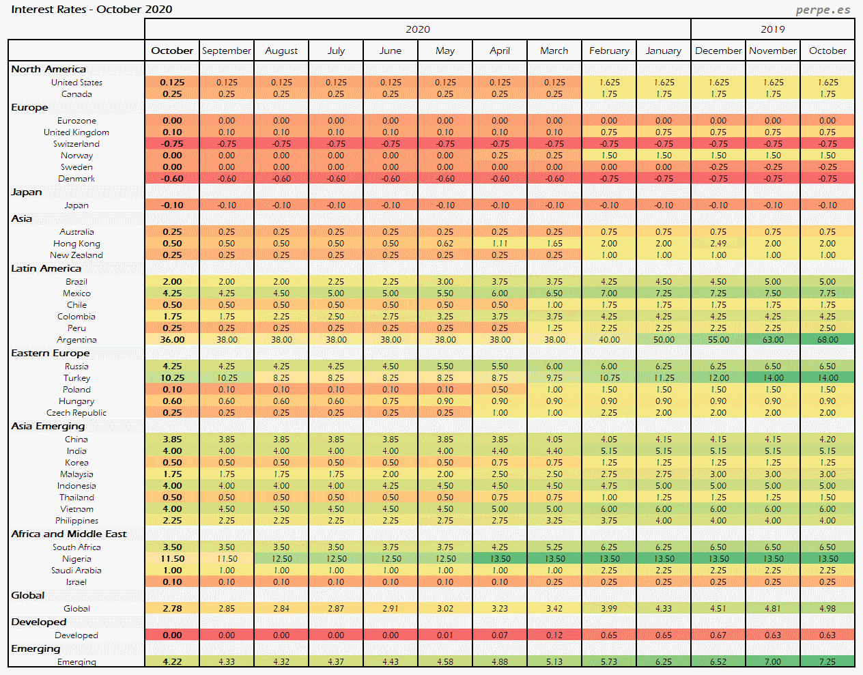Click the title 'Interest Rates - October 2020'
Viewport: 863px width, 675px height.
pyautogui.click(x=91, y=10)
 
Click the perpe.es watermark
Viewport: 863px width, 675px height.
pyautogui.click(x=823, y=10)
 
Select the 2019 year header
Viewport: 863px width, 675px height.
pyautogui.click(x=772, y=29)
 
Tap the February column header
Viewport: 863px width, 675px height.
pyautogui.click(x=609, y=51)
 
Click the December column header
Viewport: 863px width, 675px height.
pyautogui.click(x=718, y=51)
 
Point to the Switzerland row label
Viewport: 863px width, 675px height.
pyautogui.click(x=76, y=144)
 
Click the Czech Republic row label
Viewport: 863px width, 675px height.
pyautogui.click(x=76, y=413)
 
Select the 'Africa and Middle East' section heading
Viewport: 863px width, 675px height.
pyautogui.click(x=69, y=534)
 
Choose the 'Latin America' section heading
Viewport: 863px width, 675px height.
pyautogui.click(x=46, y=268)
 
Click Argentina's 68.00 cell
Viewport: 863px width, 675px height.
pyautogui.click(x=827, y=340)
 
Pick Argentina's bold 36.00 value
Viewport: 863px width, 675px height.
pyautogui.click(x=172, y=340)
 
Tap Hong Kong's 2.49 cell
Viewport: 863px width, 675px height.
pyautogui.click(x=718, y=244)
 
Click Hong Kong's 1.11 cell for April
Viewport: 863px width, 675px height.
pyautogui.click(x=500, y=244)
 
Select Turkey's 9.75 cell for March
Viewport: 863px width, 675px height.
pyautogui.click(x=554, y=378)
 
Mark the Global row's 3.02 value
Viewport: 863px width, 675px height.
pyautogui.click(x=445, y=609)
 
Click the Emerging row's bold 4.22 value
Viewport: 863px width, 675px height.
pyautogui.click(x=172, y=662)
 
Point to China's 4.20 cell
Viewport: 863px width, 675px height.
pyautogui.click(x=827, y=440)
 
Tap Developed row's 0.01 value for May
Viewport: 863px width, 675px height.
pyautogui.click(x=445, y=635)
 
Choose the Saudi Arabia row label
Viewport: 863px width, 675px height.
pyautogui.click(x=76, y=571)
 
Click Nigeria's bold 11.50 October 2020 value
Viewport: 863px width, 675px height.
pyautogui.click(x=172, y=559)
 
